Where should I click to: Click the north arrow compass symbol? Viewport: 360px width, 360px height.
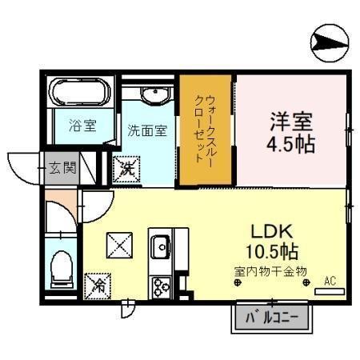tap(330, 43)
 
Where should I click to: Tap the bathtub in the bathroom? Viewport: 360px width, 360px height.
tap(80, 92)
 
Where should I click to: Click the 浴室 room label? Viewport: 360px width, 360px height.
tap(82, 126)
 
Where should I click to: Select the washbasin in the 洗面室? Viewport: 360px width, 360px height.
tap(156, 96)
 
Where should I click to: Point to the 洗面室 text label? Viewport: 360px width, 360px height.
tap(147, 130)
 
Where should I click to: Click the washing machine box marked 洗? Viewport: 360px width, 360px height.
tap(126, 169)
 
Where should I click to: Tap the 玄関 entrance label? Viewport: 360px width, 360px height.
tap(62, 168)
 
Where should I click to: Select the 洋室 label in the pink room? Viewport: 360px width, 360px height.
tap(291, 122)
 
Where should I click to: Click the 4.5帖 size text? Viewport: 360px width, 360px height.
tap(291, 144)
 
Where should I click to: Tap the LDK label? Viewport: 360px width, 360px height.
tap(272, 231)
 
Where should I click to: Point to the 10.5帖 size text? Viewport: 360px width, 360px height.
tap(272, 251)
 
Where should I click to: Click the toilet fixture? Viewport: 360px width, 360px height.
tap(62, 269)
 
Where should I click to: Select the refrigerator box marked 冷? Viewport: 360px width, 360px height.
tap(98, 286)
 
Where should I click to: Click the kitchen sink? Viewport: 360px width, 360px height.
tap(160, 246)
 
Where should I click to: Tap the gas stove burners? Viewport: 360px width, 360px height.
tap(162, 287)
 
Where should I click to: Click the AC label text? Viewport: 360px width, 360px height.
tap(330, 281)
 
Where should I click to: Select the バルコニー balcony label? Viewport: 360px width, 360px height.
tap(271, 318)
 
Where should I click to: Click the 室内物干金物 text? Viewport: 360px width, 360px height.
tap(270, 271)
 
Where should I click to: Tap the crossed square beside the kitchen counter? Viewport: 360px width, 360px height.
tap(119, 246)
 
